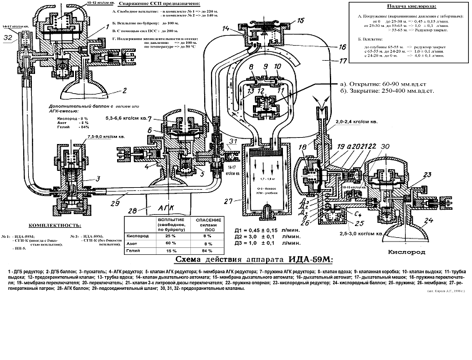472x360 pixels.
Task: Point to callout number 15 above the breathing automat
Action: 301,20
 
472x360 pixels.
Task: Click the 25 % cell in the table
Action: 151,235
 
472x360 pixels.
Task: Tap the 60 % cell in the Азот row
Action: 150,243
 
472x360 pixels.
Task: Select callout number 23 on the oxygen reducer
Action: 428,175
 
